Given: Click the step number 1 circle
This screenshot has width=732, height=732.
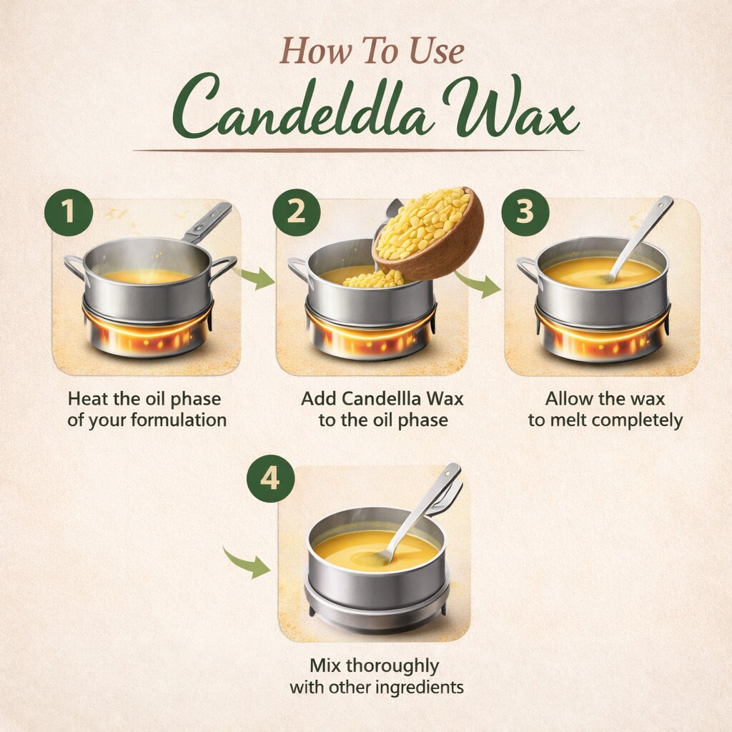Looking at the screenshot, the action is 69,212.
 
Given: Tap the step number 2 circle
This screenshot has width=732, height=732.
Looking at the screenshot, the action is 297,212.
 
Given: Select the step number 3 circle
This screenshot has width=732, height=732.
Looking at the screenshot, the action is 525,212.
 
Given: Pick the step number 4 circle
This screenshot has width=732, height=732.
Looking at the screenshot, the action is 270,478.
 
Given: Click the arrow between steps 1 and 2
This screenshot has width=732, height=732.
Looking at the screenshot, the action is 254,277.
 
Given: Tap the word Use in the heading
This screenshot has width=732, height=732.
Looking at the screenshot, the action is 437,51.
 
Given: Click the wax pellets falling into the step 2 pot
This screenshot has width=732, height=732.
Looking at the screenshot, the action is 373,279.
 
